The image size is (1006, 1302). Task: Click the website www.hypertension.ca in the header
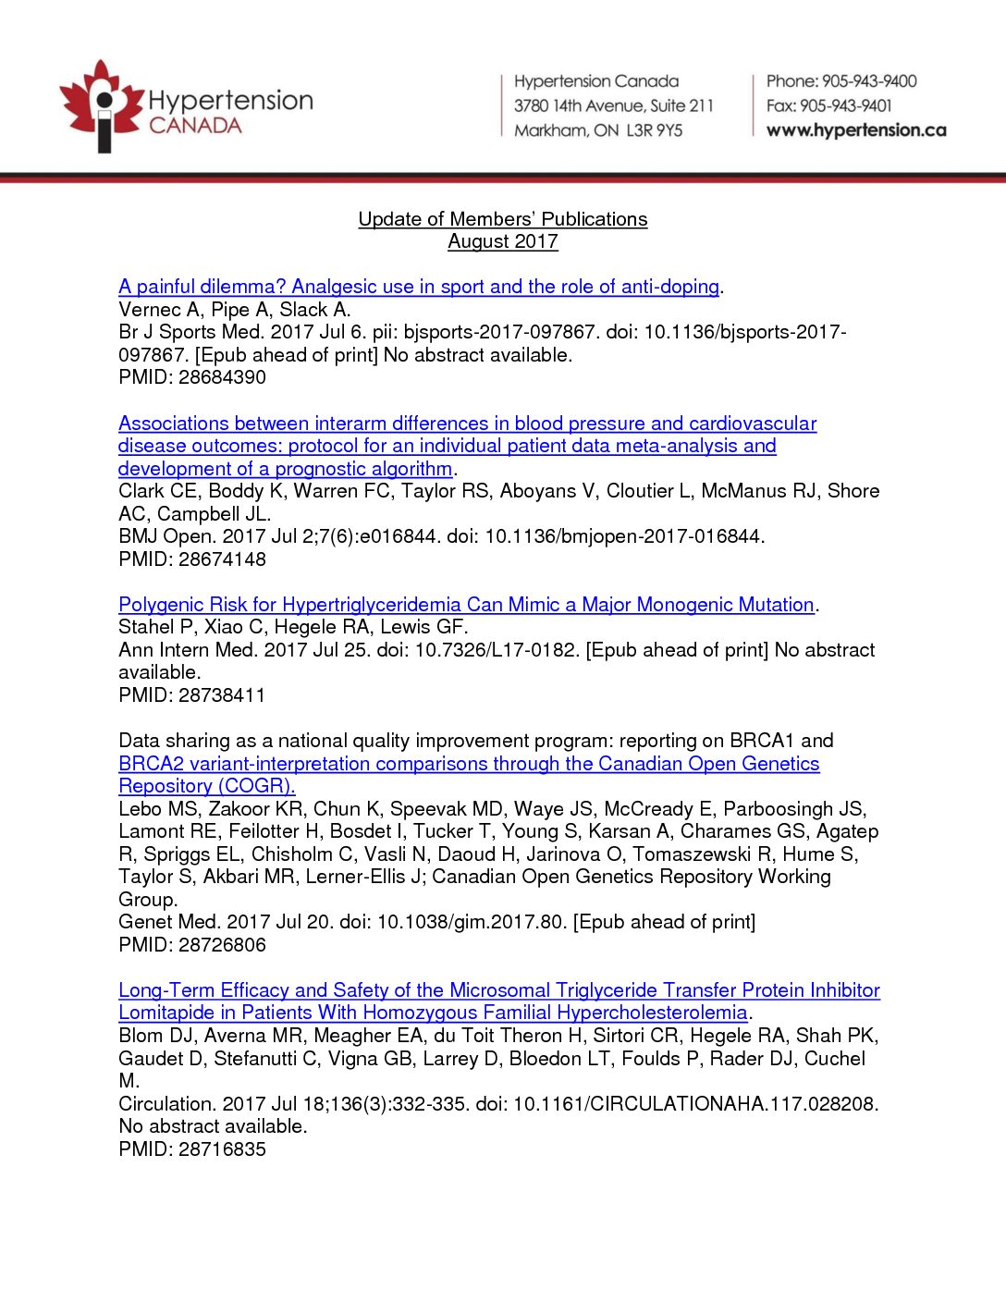coord(856,130)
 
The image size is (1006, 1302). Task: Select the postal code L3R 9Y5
coord(654,130)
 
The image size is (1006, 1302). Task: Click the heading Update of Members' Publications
coord(503,219)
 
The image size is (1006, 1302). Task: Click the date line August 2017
coord(503,241)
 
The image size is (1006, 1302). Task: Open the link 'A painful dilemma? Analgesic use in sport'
coord(419,287)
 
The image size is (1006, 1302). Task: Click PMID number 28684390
coord(222,377)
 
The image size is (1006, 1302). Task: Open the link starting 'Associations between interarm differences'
coord(467,424)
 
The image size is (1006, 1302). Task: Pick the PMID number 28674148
coord(222,559)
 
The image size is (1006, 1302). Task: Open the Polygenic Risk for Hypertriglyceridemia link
coord(466,605)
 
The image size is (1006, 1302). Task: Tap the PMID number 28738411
coord(222,695)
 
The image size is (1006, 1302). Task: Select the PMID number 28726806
coord(222,945)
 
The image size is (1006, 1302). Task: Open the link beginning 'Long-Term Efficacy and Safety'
coord(499,990)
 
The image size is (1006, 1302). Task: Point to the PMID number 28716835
coord(222,1149)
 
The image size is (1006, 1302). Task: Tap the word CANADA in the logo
coord(195,126)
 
